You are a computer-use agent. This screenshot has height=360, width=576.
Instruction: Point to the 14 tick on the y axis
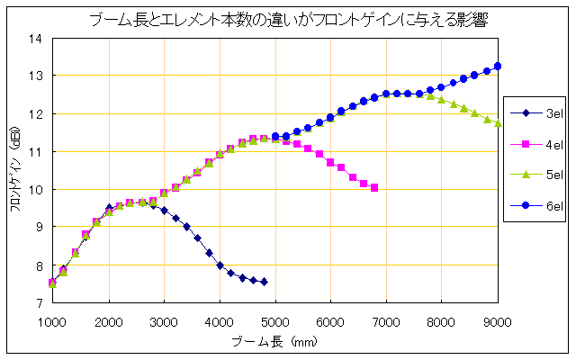[x=37, y=39]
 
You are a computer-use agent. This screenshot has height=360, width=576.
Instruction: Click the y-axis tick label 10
[x=37, y=190]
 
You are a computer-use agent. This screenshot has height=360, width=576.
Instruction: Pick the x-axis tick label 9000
[x=498, y=319]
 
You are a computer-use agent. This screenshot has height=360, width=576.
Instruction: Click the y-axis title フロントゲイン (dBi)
[x=15, y=171]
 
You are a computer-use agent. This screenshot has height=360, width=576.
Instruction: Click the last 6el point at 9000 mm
[x=498, y=66]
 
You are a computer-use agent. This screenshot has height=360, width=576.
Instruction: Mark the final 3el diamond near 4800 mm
[x=264, y=282]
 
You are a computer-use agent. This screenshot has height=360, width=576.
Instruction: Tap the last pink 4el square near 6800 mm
[x=374, y=187]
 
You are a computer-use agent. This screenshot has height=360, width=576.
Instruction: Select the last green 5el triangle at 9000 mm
[x=498, y=123]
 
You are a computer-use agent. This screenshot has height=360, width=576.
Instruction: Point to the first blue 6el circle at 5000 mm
[x=274, y=137]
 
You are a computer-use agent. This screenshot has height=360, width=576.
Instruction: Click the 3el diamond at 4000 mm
[x=220, y=265]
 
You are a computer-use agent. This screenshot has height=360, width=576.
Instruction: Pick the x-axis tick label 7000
[x=386, y=319]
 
